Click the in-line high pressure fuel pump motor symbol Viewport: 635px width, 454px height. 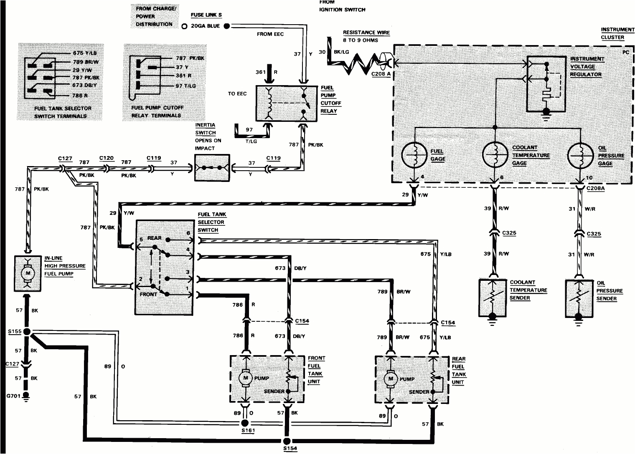(x=28, y=273)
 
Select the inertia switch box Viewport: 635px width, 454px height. (x=212, y=168)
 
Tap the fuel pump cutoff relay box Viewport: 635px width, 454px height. (x=287, y=103)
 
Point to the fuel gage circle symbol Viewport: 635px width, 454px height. (x=414, y=155)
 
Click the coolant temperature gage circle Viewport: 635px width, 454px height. (x=495, y=155)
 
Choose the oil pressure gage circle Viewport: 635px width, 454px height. (x=581, y=155)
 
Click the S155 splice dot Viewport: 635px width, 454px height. (x=28, y=332)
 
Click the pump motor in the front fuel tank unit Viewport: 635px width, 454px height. (x=244, y=378)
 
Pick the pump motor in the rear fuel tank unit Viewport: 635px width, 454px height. (x=391, y=379)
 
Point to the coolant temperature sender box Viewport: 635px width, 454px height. (x=493, y=297)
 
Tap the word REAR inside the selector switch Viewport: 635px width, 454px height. (x=154, y=238)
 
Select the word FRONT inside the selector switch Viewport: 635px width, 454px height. (x=149, y=294)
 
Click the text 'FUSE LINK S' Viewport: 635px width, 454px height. (x=206, y=15)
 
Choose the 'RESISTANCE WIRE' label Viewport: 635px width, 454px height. (x=366, y=33)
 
